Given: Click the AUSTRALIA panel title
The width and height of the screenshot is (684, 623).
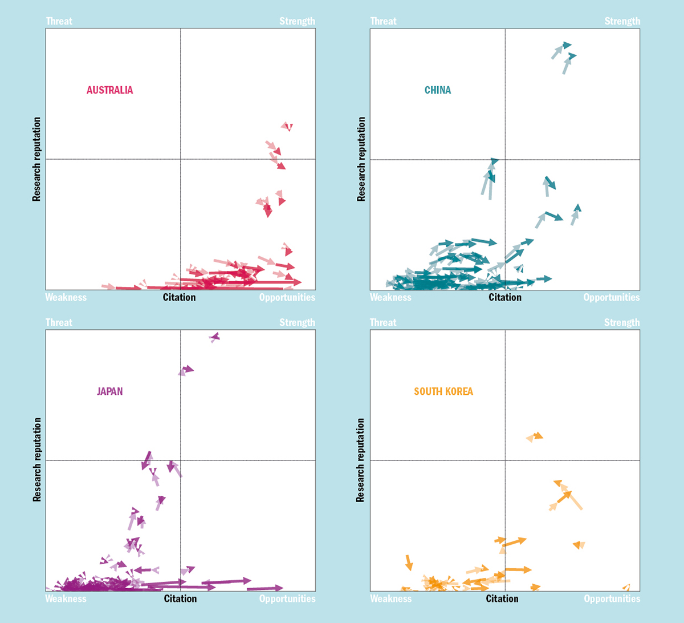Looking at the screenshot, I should pyautogui.click(x=109, y=90).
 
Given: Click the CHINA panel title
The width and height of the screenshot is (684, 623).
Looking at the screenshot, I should pyautogui.click(x=438, y=90).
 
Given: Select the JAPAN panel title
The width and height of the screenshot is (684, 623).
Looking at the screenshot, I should pyautogui.click(x=110, y=391).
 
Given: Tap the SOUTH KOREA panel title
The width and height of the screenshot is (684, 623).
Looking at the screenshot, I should pyautogui.click(x=443, y=391).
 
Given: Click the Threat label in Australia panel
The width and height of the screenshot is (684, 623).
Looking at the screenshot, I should pyautogui.click(x=59, y=22).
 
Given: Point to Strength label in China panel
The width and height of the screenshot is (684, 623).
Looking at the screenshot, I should pyautogui.click(x=622, y=22).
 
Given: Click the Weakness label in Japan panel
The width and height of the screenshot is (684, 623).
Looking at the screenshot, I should pyautogui.click(x=66, y=598).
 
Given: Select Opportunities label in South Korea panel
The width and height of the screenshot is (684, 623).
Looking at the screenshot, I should pyautogui.click(x=612, y=598).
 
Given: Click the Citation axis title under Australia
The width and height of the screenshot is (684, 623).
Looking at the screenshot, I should pyautogui.click(x=179, y=297).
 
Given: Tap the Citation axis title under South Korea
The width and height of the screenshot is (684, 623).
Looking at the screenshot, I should pyautogui.click(x=502, y=598).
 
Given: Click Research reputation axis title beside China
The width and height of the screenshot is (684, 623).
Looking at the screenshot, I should pyautogui.click(x=361, y=159).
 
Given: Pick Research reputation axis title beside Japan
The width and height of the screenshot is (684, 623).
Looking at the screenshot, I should pyautogui.click(x=37, y=460).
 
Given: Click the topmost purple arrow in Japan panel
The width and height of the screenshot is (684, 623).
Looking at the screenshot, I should pyautogui.click(x=214, y=337).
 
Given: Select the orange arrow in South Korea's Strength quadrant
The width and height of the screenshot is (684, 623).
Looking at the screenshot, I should pyautogui.click(x=535, y=436).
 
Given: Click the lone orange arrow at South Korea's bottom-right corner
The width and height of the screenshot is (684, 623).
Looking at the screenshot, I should pyautogui.click(x=626, y=587).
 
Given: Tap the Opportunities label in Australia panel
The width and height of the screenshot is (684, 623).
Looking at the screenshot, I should pyautogui.click(x=287, y=297).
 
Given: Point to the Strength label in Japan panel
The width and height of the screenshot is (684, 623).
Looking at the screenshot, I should pyautogui.click(x=297, y=323).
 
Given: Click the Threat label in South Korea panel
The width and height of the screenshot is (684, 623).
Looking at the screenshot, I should pyautogui.click(x=383, y=323).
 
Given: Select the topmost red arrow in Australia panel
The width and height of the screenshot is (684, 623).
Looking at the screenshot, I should pyautogui.click(x=287, y=126).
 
